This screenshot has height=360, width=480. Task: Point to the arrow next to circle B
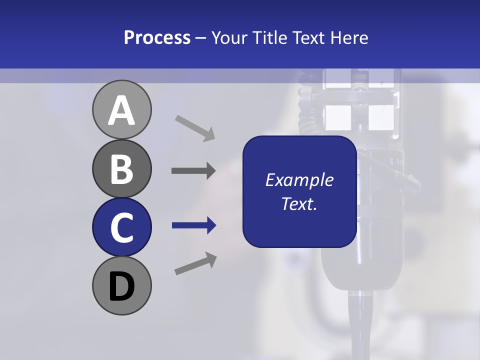pyautogui.click(x=193, y=171)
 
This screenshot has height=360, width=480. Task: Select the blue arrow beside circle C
pyautogui.click(x=194, y=226)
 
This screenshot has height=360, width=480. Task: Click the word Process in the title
pyautogui.click(x=157, y=37)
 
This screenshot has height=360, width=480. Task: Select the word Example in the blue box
pyautogui.click(x=299, y=180)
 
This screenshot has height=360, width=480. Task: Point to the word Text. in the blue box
pyautogui.click(x=299, y=203)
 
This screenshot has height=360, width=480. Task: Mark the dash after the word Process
pyautogui.click(x=201, y=38)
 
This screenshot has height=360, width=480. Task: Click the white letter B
pyautogui.click(x=121, y=169)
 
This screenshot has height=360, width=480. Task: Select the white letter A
pyautogui.click(x=121, y=110)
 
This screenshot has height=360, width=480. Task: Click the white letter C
pyautogui.click(x=121, y=227)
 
